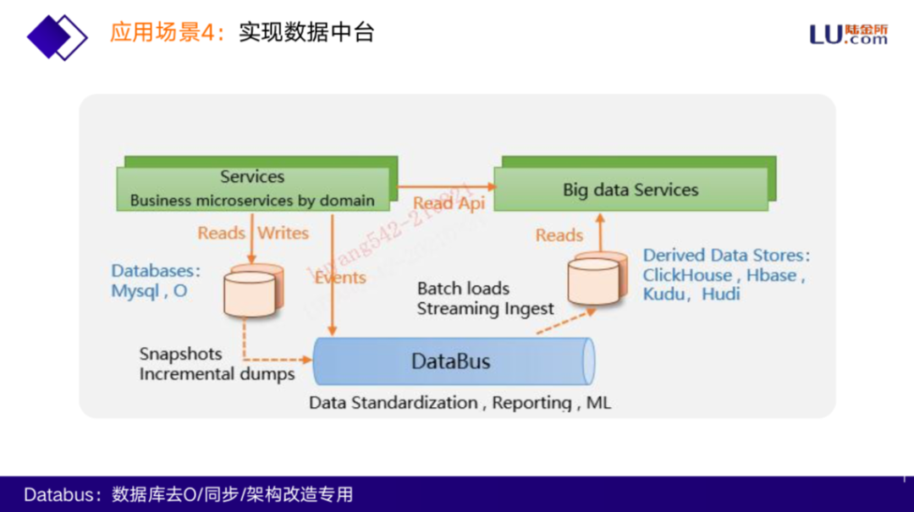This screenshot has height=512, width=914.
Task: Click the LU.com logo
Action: click(848, 34)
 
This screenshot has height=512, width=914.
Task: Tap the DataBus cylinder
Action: click(451, 362)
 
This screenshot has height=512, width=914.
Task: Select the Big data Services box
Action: click(630, 190)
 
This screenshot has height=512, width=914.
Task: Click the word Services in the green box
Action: click(252, 177)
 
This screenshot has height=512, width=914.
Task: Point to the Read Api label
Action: click(449, 203)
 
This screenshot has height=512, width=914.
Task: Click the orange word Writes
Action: click(284, 233)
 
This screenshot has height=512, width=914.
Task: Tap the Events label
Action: click(340, 278)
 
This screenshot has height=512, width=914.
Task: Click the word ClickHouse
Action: click(687, 275)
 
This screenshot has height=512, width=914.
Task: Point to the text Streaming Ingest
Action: click(485, 309)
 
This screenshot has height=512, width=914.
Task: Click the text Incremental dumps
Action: click(217, 373)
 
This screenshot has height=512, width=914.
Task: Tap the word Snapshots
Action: click(180, 354)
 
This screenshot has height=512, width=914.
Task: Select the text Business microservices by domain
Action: click(252, 201)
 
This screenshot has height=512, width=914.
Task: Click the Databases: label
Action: click(156, 271)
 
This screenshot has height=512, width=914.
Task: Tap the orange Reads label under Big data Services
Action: click(559, 235)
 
